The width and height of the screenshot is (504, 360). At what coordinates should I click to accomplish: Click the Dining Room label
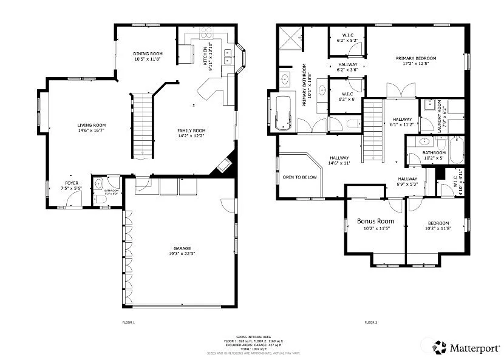coord(148,54)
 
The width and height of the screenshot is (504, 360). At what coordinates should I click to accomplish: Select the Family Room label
coord(191,131)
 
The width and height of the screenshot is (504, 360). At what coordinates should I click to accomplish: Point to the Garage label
coord(182,248)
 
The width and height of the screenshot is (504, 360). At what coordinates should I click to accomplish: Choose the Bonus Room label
coord(375,221)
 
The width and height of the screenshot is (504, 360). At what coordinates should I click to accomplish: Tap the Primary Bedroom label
coord(416,59)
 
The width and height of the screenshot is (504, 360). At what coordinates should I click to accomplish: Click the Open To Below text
coord(300,177)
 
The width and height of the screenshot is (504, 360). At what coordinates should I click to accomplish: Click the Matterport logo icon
coord(440,347)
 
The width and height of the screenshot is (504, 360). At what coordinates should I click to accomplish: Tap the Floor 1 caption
coord(129,322)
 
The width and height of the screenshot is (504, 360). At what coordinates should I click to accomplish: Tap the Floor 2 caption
coord(371,322)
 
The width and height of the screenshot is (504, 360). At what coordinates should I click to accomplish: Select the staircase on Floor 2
coord(372,131)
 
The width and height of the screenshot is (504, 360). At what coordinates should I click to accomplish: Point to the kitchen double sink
coord(228,56)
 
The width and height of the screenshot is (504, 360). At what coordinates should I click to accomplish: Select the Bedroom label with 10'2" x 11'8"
coord(437,223)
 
